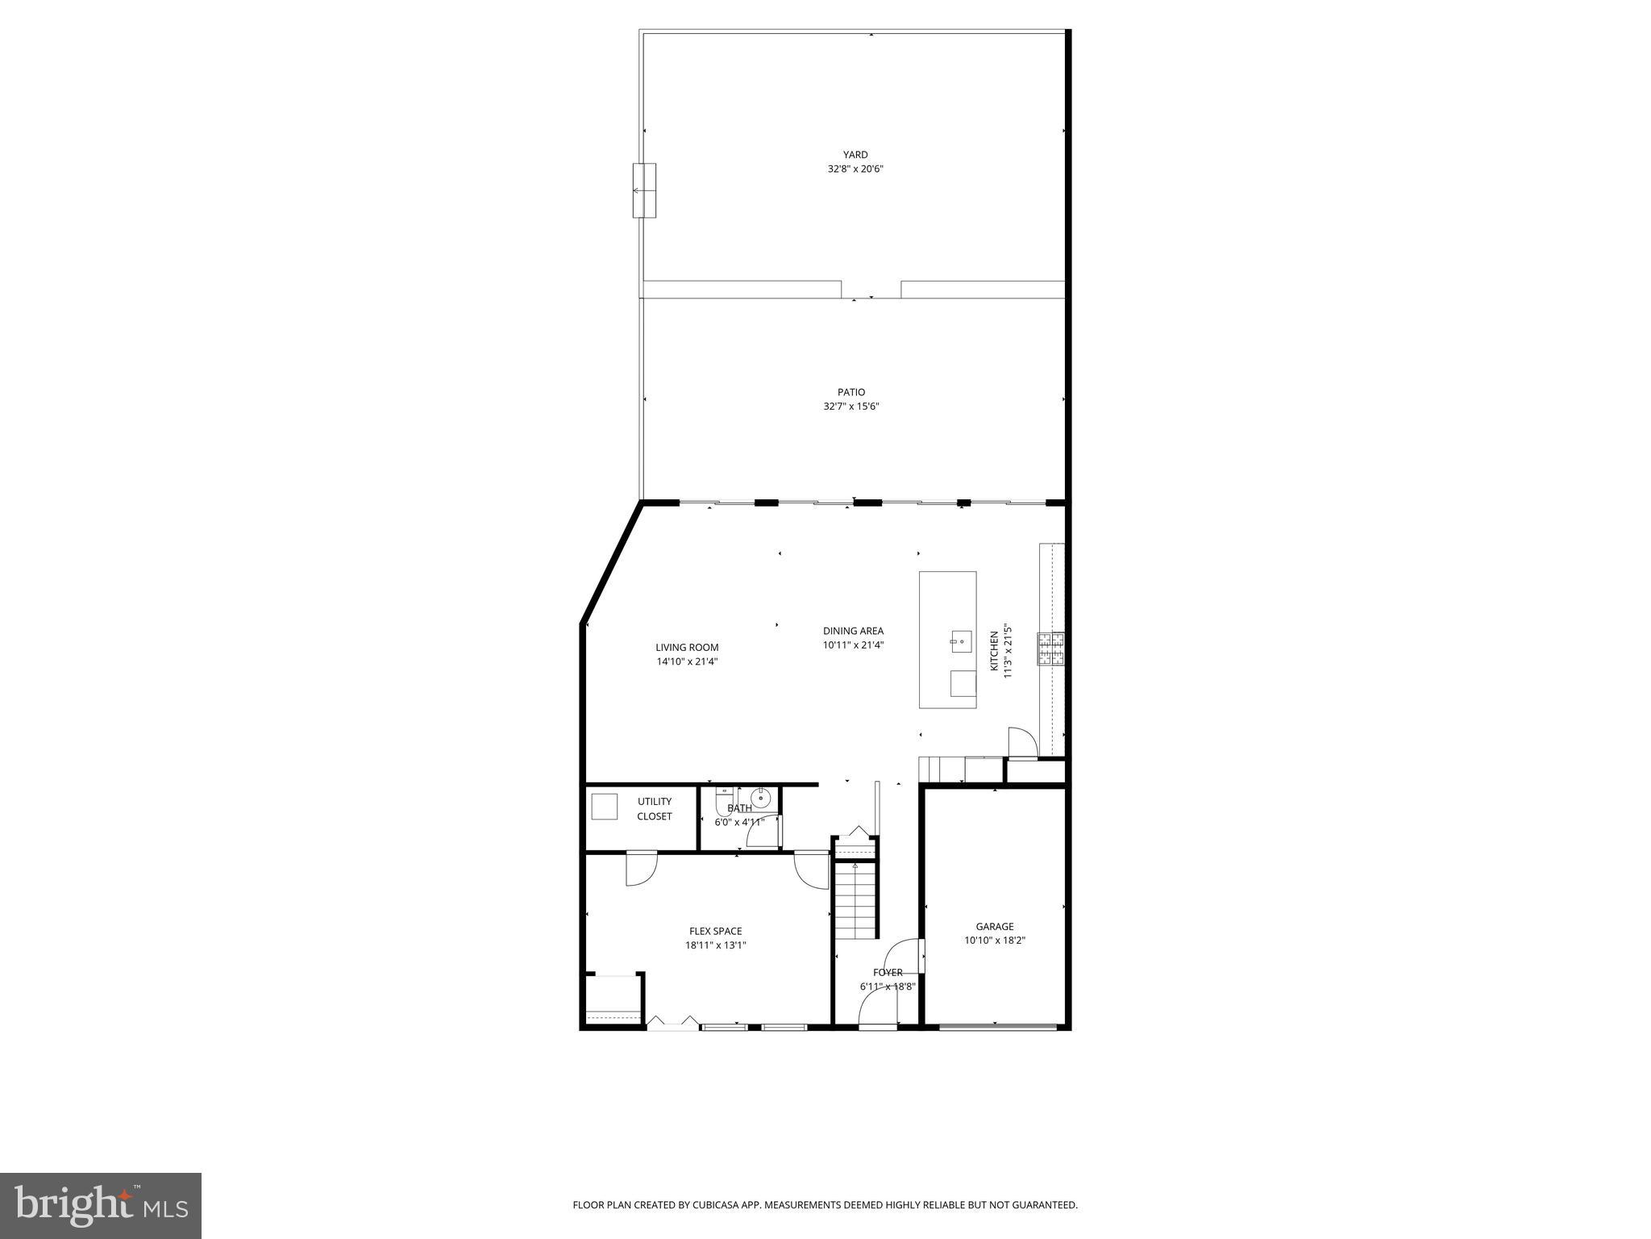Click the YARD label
(x=855, y=155)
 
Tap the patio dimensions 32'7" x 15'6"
(x=850, y=407)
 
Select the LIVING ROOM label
(x=687, y=647)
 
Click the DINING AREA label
(x=853, y=631)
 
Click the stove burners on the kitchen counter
(x=1050, y=649)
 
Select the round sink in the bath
(x=761, y=799)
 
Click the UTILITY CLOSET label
(x=655, y=809)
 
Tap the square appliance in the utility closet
(x=605, y=807)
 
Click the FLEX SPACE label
(x=715, y=931)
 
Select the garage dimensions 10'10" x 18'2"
(x=995, y=941)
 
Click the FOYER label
(x=888, y=972)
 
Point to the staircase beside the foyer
(x=855, y=899)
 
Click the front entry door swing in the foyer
(x=876, y=1008)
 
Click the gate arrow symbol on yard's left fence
(x=643, y=190)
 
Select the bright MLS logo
(x=101, y=1205)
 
